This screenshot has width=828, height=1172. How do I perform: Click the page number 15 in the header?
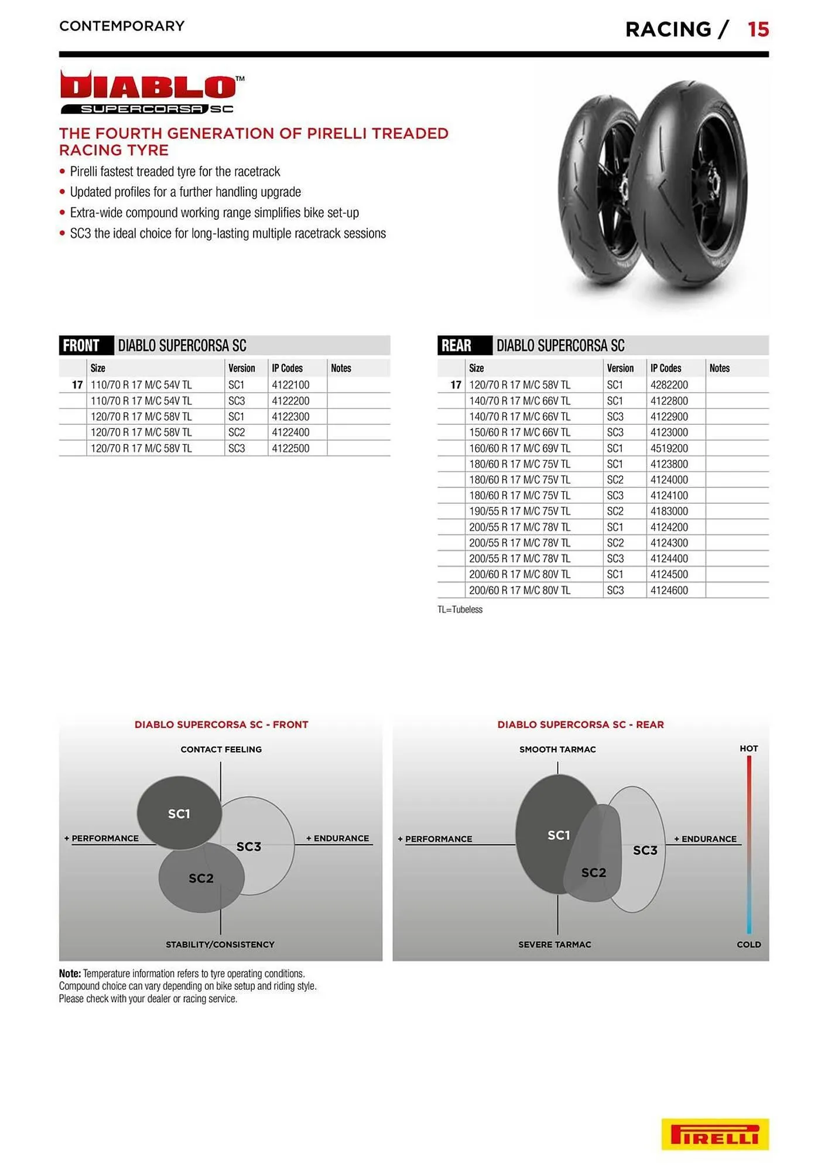pos(758,29)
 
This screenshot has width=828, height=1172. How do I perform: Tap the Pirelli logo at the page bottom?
pos(714,1134)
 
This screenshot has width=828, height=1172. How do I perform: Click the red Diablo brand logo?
pos(149,87)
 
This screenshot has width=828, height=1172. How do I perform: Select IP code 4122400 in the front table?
pos(290,432)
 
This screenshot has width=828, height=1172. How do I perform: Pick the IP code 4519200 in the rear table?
pos(669,448)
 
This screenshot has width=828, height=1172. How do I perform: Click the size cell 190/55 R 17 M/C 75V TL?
pos(519,512)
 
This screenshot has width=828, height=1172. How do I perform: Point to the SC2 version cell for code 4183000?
pos(615,512)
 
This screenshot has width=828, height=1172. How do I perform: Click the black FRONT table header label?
pos(81,346)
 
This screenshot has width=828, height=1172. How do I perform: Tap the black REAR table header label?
pos(457,346)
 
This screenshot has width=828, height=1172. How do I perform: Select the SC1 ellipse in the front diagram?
pos(179,813)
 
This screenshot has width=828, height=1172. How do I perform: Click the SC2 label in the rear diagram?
pos(593,873)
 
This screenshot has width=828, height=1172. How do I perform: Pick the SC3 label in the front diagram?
pos(249,847)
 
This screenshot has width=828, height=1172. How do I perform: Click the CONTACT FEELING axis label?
pos(221,749)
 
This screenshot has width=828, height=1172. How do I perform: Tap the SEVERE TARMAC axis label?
pos(555,945)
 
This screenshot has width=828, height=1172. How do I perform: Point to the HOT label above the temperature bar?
pos(748,749)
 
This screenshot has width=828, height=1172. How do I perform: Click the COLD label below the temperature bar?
pos(748,945)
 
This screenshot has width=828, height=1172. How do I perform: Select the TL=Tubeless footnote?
pos(460,609)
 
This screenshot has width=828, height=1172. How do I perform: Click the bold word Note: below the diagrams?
pos(70,973)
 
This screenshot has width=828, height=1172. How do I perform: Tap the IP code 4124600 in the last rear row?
pos(669,591)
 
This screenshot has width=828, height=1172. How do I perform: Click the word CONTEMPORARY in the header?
pos(122,26)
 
